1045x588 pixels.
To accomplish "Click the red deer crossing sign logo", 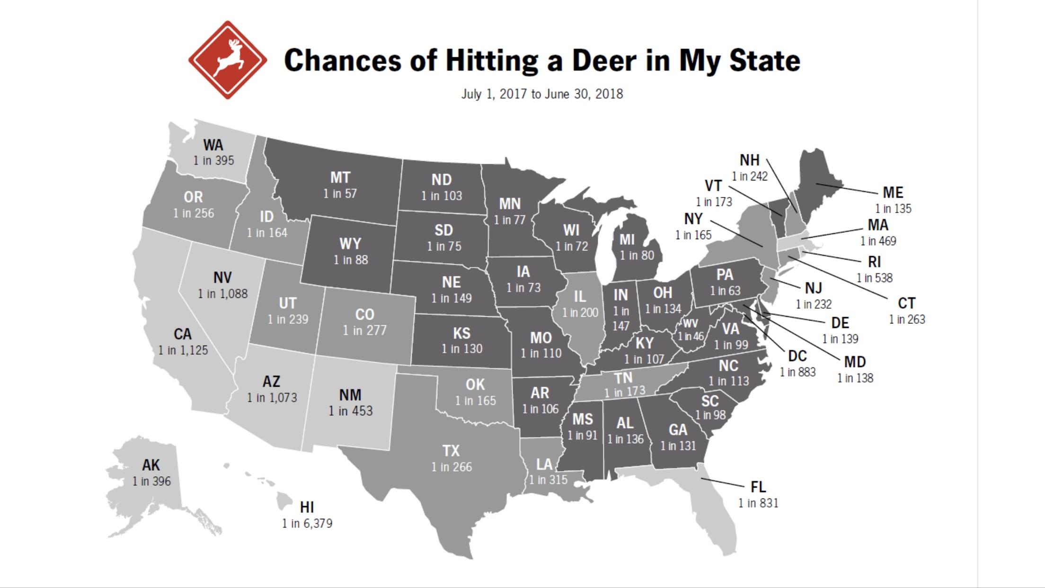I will pyautogui.click(x=228, y=60).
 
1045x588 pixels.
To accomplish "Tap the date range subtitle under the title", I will pyautogui.click(x=542, y=94).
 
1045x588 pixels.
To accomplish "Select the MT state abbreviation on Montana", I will pyautogui.click(x=340, y=178).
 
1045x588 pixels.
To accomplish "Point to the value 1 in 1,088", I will pyautogui.click(x=222, y=294).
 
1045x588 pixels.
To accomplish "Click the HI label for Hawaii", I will pyautogui.click(x=307, y=508).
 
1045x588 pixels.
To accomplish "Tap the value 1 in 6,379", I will pyautogui.click(x=307, y=524).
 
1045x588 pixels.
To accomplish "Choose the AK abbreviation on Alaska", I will pyautogui.click(x=151, y=465).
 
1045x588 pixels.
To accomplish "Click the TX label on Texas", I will pyautogui.click(x=451, y=450).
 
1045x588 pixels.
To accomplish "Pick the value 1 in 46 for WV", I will pyautogui.click(x=691, y=337).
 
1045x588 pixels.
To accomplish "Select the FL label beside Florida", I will pyautogui.click(x=758, y=487).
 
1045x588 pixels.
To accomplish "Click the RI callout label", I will pyautogui.click(x=874, y=262).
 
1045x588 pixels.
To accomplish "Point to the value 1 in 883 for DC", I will pyautogui.click(x=797, y=372).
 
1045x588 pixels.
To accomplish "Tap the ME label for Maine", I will pyautogui.click(x=893, y=192).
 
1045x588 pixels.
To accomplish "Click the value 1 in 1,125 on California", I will pyautogui.click(x=183, y=350).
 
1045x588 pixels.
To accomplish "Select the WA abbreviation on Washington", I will pyautogui.click(x=213, y=144).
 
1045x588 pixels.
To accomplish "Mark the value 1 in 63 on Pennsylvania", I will pyautogui.click(x=725, y=291).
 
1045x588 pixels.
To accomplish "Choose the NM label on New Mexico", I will pyautogui.click(x=350, y=395).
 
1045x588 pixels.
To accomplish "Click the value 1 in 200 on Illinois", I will pyautogui.click(x=580, y=312).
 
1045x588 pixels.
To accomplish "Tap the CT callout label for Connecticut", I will pyautogui.click(x=906, y=303).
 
